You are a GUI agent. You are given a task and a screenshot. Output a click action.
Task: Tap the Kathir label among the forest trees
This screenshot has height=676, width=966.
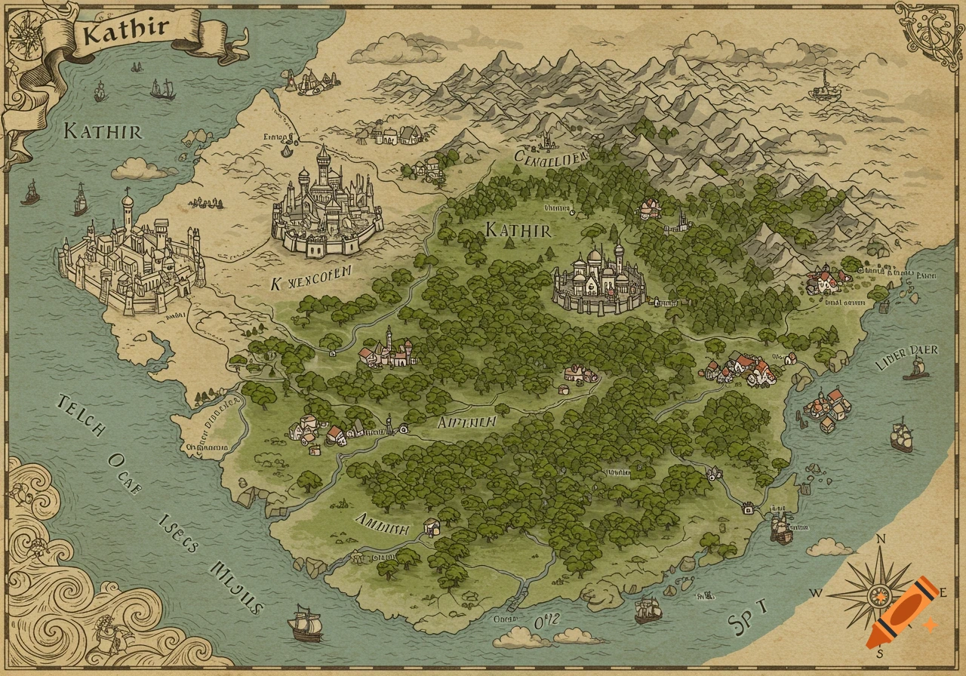click(x=518, y=229)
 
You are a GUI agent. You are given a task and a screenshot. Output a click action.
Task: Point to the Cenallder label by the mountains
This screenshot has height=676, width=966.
click(x=550, y=157)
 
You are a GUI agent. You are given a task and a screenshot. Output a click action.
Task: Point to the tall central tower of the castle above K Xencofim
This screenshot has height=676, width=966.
click(x=323, y=166)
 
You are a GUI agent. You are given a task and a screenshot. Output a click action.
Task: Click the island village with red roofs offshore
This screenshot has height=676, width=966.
click(x=828, y=408)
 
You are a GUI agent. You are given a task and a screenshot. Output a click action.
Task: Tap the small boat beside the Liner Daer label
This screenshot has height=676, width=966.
click(x=917, y=370)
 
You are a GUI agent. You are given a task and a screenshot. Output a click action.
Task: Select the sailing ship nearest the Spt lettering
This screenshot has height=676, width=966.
click(x=648, y=610)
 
